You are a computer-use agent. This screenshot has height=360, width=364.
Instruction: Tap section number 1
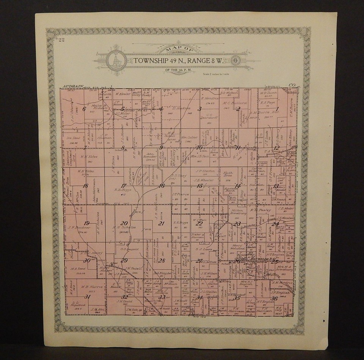click(x=277, y=109)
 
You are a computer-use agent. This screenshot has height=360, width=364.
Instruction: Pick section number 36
click(x=275, y=298)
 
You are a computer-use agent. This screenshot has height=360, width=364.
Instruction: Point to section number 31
click(x=88, y=297)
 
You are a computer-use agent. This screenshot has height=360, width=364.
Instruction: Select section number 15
click(x=199, y=186)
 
